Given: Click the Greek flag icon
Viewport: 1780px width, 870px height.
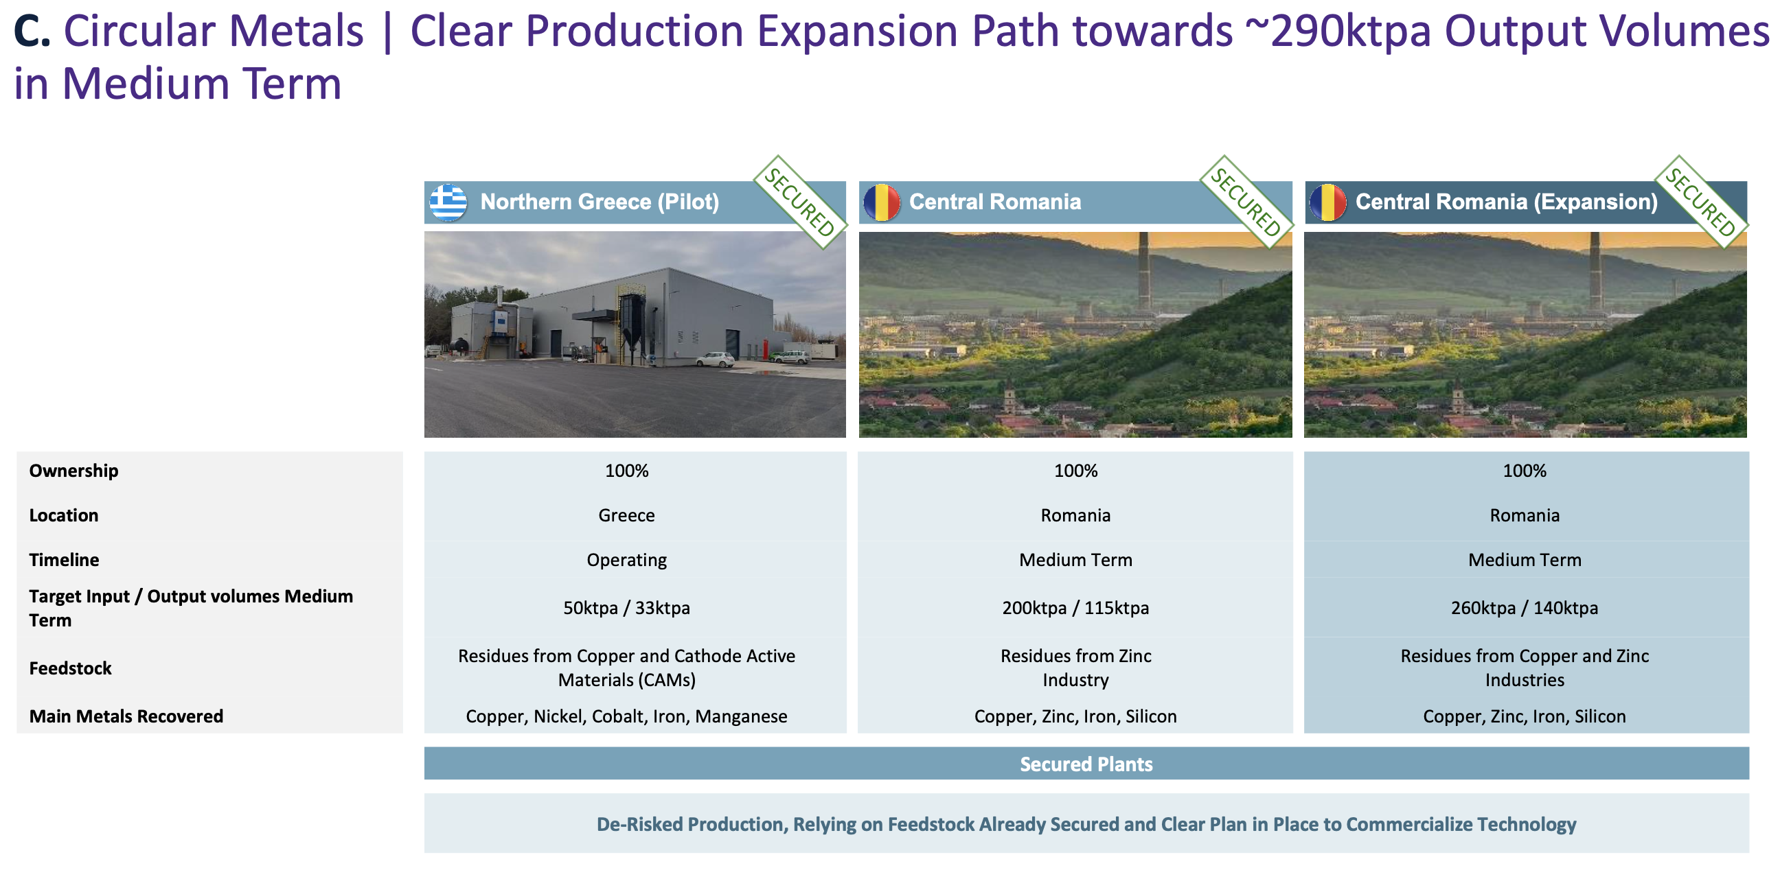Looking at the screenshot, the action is [448, 202].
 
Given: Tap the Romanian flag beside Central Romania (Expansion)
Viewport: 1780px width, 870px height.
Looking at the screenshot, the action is [1327, 202].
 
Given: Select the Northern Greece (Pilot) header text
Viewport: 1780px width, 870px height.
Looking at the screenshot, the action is [599, 202].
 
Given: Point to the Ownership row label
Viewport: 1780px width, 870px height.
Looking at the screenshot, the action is [74, 471].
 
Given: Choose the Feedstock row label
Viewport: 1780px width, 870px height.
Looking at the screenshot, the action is [71, 668].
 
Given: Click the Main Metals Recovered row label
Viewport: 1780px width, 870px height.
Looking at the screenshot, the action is [126, 716].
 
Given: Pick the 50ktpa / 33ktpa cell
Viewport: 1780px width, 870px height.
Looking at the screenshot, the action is [627, 608].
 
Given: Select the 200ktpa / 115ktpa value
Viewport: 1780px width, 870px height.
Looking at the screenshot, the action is [1076, 608].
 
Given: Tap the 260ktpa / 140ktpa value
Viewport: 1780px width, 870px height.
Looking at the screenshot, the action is [1525, 608].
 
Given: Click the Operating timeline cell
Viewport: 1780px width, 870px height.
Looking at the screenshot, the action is [627, 560].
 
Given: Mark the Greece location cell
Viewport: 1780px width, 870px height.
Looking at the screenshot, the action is [627, 515].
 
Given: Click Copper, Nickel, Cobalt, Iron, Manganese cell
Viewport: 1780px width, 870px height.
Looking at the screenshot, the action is [627, 716].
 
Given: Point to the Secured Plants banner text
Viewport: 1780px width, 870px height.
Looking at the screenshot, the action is [1086, 764].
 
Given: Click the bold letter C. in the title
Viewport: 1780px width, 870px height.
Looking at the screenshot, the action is [32, 31].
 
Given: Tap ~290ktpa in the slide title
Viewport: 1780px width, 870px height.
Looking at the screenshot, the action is [1350, 31].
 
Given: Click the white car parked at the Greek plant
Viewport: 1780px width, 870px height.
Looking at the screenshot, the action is [715, 359].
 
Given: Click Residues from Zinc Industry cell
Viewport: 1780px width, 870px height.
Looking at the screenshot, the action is [1076, 668].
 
